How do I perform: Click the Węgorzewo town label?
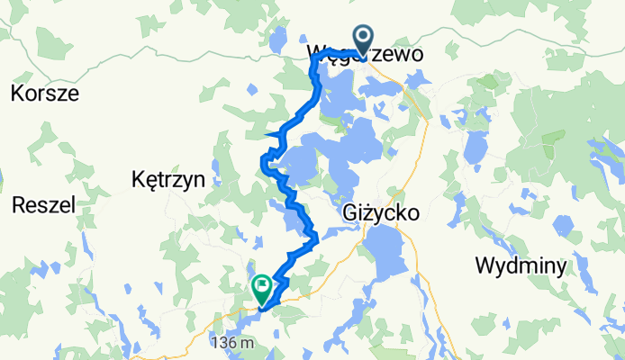[365, 55]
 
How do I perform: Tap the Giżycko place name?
[382, 214]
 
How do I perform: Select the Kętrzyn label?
[168, 179]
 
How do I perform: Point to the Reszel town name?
[43, 206]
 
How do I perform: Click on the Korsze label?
[44, 92]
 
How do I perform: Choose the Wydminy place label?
[520, 265]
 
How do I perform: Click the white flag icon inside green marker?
[262, 286]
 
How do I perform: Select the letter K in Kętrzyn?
[138, 179]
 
